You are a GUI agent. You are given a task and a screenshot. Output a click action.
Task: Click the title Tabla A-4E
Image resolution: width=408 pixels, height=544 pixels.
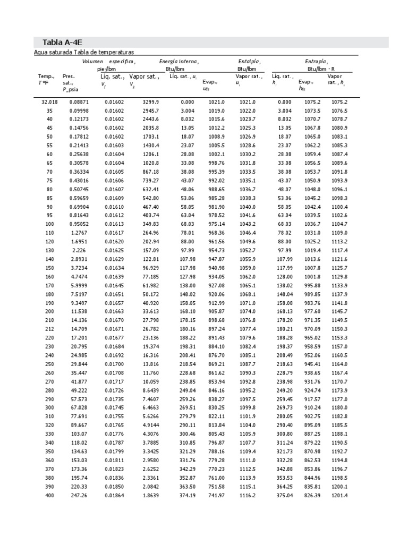pyautogui.click(x=52, y=42)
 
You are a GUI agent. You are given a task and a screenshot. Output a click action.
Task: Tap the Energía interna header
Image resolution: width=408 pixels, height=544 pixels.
pyautogui.click(x=179, y=62)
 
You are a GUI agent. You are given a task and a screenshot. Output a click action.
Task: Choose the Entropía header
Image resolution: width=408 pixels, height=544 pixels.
pyautogui.click(x=316, y=62)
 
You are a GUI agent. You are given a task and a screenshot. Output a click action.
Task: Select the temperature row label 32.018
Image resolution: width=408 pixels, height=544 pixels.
pyautogui.click(x=49, y=101)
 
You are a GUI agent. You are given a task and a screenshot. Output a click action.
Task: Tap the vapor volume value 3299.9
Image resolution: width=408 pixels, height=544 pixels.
pyautogui.click(x=151, y=101)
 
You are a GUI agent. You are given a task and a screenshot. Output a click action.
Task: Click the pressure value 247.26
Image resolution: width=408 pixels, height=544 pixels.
pyautogui.click(x=79, y=495)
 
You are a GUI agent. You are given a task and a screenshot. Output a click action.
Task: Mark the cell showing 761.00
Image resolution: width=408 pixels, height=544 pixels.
pyautogui.click(x=217, y=478)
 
